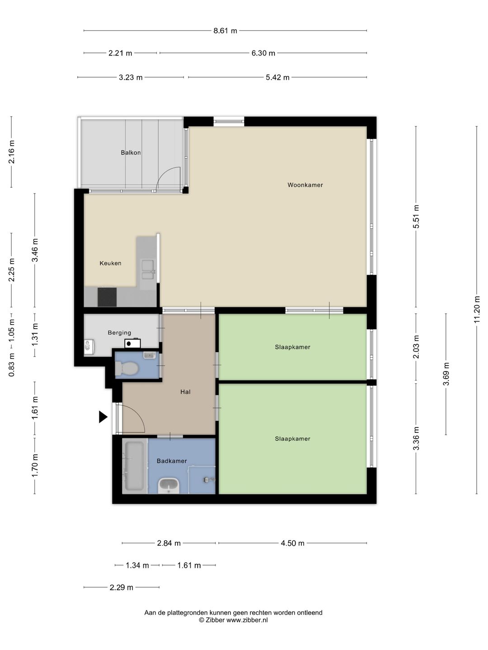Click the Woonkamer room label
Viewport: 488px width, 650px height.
pyautogui.click(x=305, y=185)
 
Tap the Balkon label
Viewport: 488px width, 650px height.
pyautogui.click(x=131, y=153)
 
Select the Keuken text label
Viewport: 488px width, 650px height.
pyautogui.click(x=110, y=263)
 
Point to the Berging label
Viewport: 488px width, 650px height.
pyautogui.click(x=119, y=333)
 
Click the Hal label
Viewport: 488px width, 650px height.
pyautogui.click(x=185, y=392)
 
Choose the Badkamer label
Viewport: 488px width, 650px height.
pyautogui.click(x=172, y=461)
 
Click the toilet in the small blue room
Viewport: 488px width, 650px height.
pyautogui.click(x=127, y=368)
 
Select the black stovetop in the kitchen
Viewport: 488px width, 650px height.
pyautogui.click(x=107, y=297)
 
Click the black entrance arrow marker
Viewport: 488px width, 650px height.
pyautogui.click(x=103, y=417)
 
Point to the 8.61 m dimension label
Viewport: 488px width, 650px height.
pyautogui.click(x=225, y=31)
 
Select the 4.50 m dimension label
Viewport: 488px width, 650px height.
pyautogui.click(x=292, y=543)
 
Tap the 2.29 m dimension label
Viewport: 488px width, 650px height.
pyautogui.click(x=121, y=587)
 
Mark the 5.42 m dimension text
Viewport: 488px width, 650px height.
pyautogui.click(x=277, y=78)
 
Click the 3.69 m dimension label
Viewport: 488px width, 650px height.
pyautogui.click(x=446, y=374)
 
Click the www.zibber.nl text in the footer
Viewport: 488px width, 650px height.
pyautogui.click(x=247, y=620)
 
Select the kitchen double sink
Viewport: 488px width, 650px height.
pyautogui.click(x=147, y=269)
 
